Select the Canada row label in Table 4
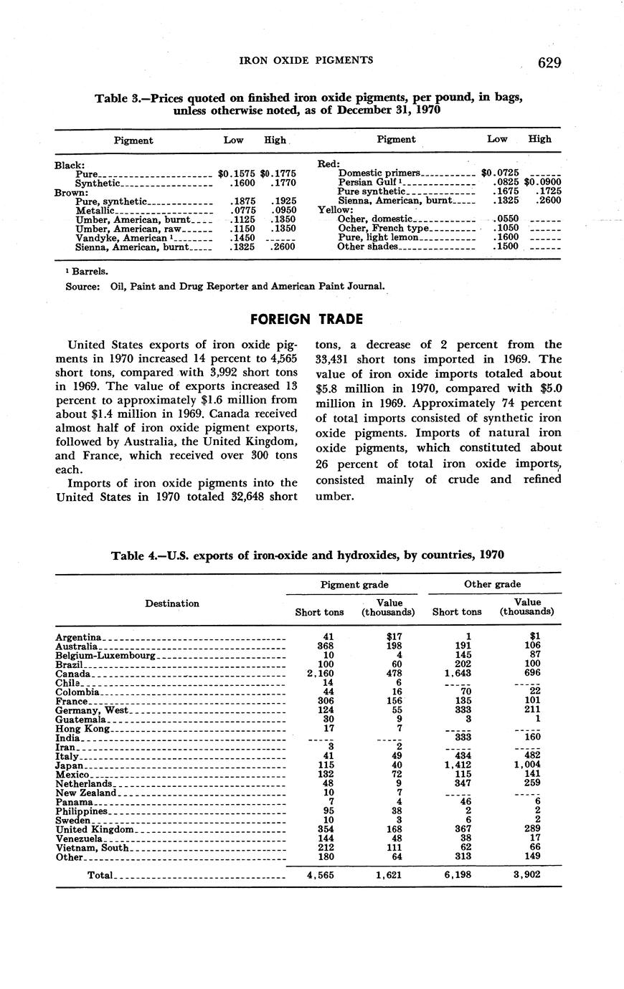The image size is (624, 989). [72, 674]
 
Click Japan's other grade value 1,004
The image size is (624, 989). [528, 765]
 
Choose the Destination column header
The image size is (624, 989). [172, 603]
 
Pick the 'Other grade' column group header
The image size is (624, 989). [492, 584]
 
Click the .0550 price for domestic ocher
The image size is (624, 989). [507, 219]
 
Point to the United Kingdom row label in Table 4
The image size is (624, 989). [95, 829]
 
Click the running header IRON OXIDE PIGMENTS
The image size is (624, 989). [306, 61]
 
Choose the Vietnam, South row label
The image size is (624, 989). [92, 848]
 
